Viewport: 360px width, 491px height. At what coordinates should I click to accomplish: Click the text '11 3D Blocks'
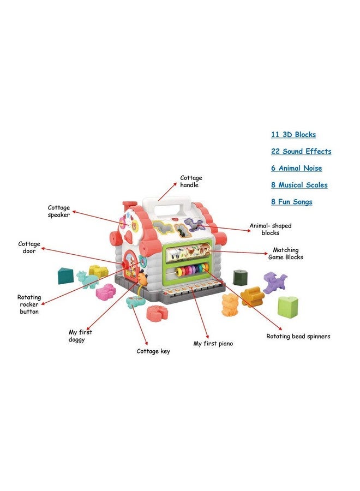pos(293,135)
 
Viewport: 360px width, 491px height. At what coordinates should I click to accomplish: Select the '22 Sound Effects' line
pos(301,152)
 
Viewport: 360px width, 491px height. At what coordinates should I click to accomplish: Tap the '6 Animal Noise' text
pos(296,169)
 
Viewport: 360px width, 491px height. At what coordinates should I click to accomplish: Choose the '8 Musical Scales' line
pos(299,185)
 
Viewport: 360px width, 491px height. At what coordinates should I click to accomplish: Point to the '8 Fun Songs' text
pos(291,202)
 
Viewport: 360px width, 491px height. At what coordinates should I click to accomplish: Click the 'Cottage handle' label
pos(191,182)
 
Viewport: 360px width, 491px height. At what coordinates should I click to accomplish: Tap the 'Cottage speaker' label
pos(58,211)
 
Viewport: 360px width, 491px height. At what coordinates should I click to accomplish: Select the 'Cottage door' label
pos(29,248)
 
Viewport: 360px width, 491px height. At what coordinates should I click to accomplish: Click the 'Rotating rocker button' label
pos(29,304)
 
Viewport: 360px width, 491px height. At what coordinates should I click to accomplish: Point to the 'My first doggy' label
pos(80,336)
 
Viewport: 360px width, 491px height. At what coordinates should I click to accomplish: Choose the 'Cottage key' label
pos(153,351)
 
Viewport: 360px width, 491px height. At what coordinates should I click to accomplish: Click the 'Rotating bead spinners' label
pos(298,337)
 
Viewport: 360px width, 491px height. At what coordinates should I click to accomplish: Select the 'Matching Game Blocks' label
pos(285,254)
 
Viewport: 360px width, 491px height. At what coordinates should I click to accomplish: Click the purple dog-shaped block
pos(274,283)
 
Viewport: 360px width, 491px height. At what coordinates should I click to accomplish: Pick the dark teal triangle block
pos(65,276)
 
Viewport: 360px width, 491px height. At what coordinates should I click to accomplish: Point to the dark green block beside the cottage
pos(241,277)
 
